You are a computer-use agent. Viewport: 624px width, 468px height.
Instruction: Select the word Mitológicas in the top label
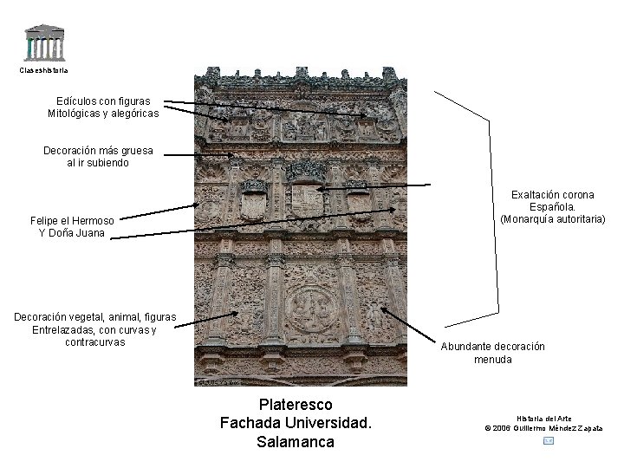[74, 113]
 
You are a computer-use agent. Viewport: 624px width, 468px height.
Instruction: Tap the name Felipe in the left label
[46, 221]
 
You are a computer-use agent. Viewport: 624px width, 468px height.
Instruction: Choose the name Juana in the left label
[90, 233]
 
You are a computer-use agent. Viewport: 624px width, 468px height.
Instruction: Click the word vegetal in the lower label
[88, 317]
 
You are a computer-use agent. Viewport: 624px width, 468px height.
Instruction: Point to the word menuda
[492, 359]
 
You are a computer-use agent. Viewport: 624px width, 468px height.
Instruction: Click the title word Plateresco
[296, 405]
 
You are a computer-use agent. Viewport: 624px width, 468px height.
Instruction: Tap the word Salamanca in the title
[296, 442]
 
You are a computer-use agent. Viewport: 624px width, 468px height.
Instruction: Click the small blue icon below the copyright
[547, 441]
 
